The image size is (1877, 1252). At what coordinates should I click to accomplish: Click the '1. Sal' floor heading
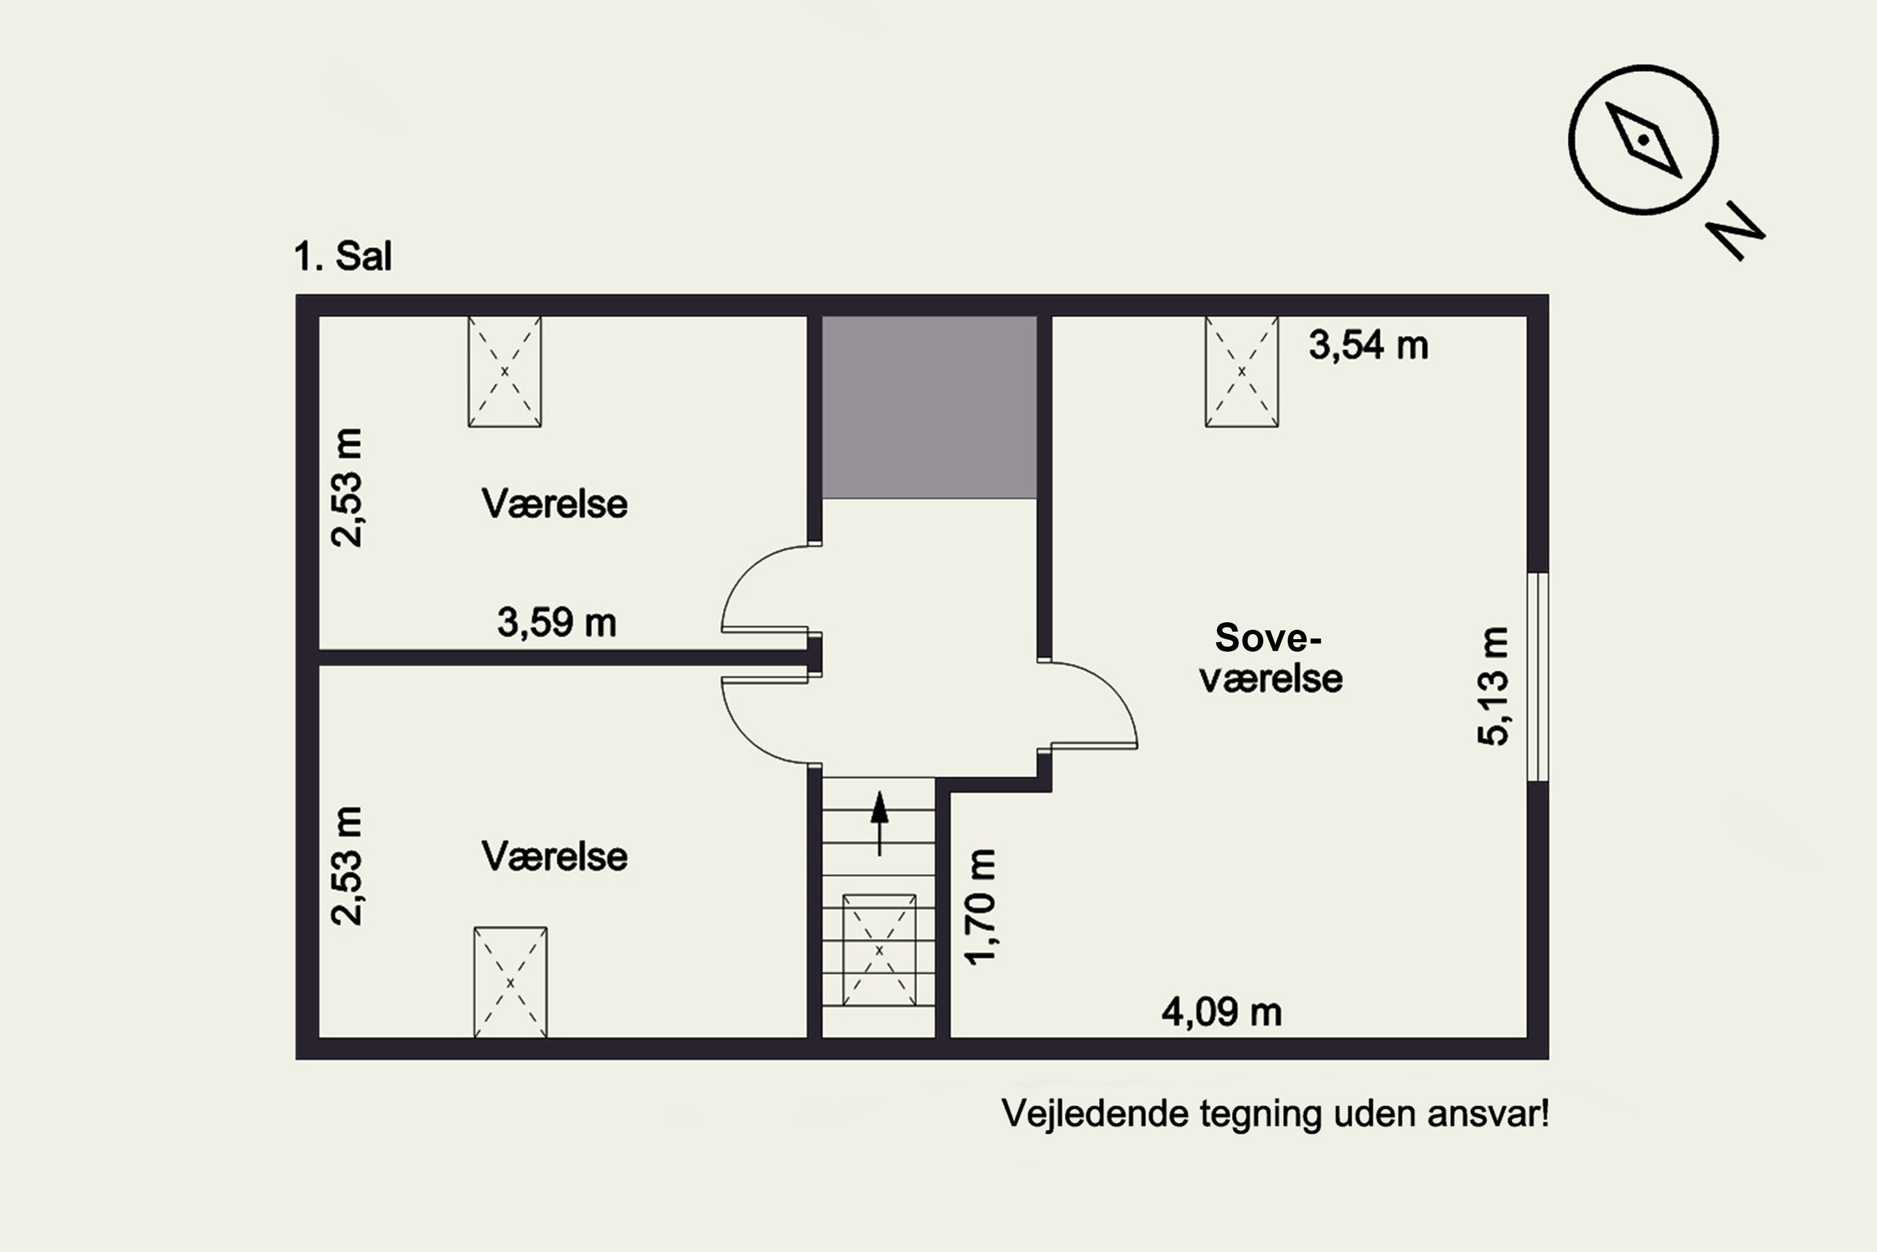point(343,256)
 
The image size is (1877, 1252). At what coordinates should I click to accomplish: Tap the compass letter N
point(1736,231)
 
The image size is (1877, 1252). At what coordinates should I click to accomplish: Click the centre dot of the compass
point(1643,140)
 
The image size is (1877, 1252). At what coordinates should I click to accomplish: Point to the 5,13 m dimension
point(1492,687)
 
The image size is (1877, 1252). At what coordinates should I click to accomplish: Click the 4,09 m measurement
point(1222,1012)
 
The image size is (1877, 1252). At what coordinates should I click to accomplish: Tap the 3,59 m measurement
point(557,622)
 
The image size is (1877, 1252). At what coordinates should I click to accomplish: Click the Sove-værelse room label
point(1271,658)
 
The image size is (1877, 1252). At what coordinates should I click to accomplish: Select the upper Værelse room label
point(554,504)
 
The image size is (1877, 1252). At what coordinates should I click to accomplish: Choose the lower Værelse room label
point(554,857)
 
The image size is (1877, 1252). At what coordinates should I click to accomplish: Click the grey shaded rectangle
point(930,408)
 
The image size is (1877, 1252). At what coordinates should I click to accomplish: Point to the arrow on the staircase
point(880,823)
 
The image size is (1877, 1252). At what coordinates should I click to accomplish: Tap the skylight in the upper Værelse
point(504,371)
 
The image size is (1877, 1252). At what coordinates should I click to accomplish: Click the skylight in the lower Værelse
point(511,982)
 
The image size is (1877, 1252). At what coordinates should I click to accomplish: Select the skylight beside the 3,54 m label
point(1242,371)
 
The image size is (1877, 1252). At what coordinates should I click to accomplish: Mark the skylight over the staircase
point(880,950)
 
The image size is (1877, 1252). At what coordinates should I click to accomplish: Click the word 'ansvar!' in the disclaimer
point(1488,1114)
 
